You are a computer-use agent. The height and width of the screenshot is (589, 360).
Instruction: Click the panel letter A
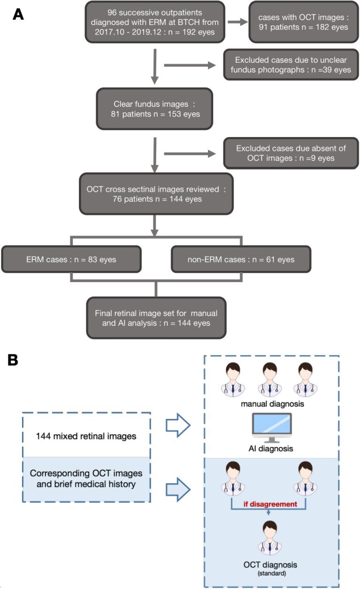[18, 14]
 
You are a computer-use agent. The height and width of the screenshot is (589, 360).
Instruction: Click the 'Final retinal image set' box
[155, 317]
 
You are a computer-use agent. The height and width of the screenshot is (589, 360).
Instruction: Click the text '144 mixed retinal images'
[86, 436]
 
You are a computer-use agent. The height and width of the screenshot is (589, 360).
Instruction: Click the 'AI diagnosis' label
[271, 448]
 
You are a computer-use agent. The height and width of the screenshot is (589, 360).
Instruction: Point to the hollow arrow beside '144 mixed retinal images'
[177, 426]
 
